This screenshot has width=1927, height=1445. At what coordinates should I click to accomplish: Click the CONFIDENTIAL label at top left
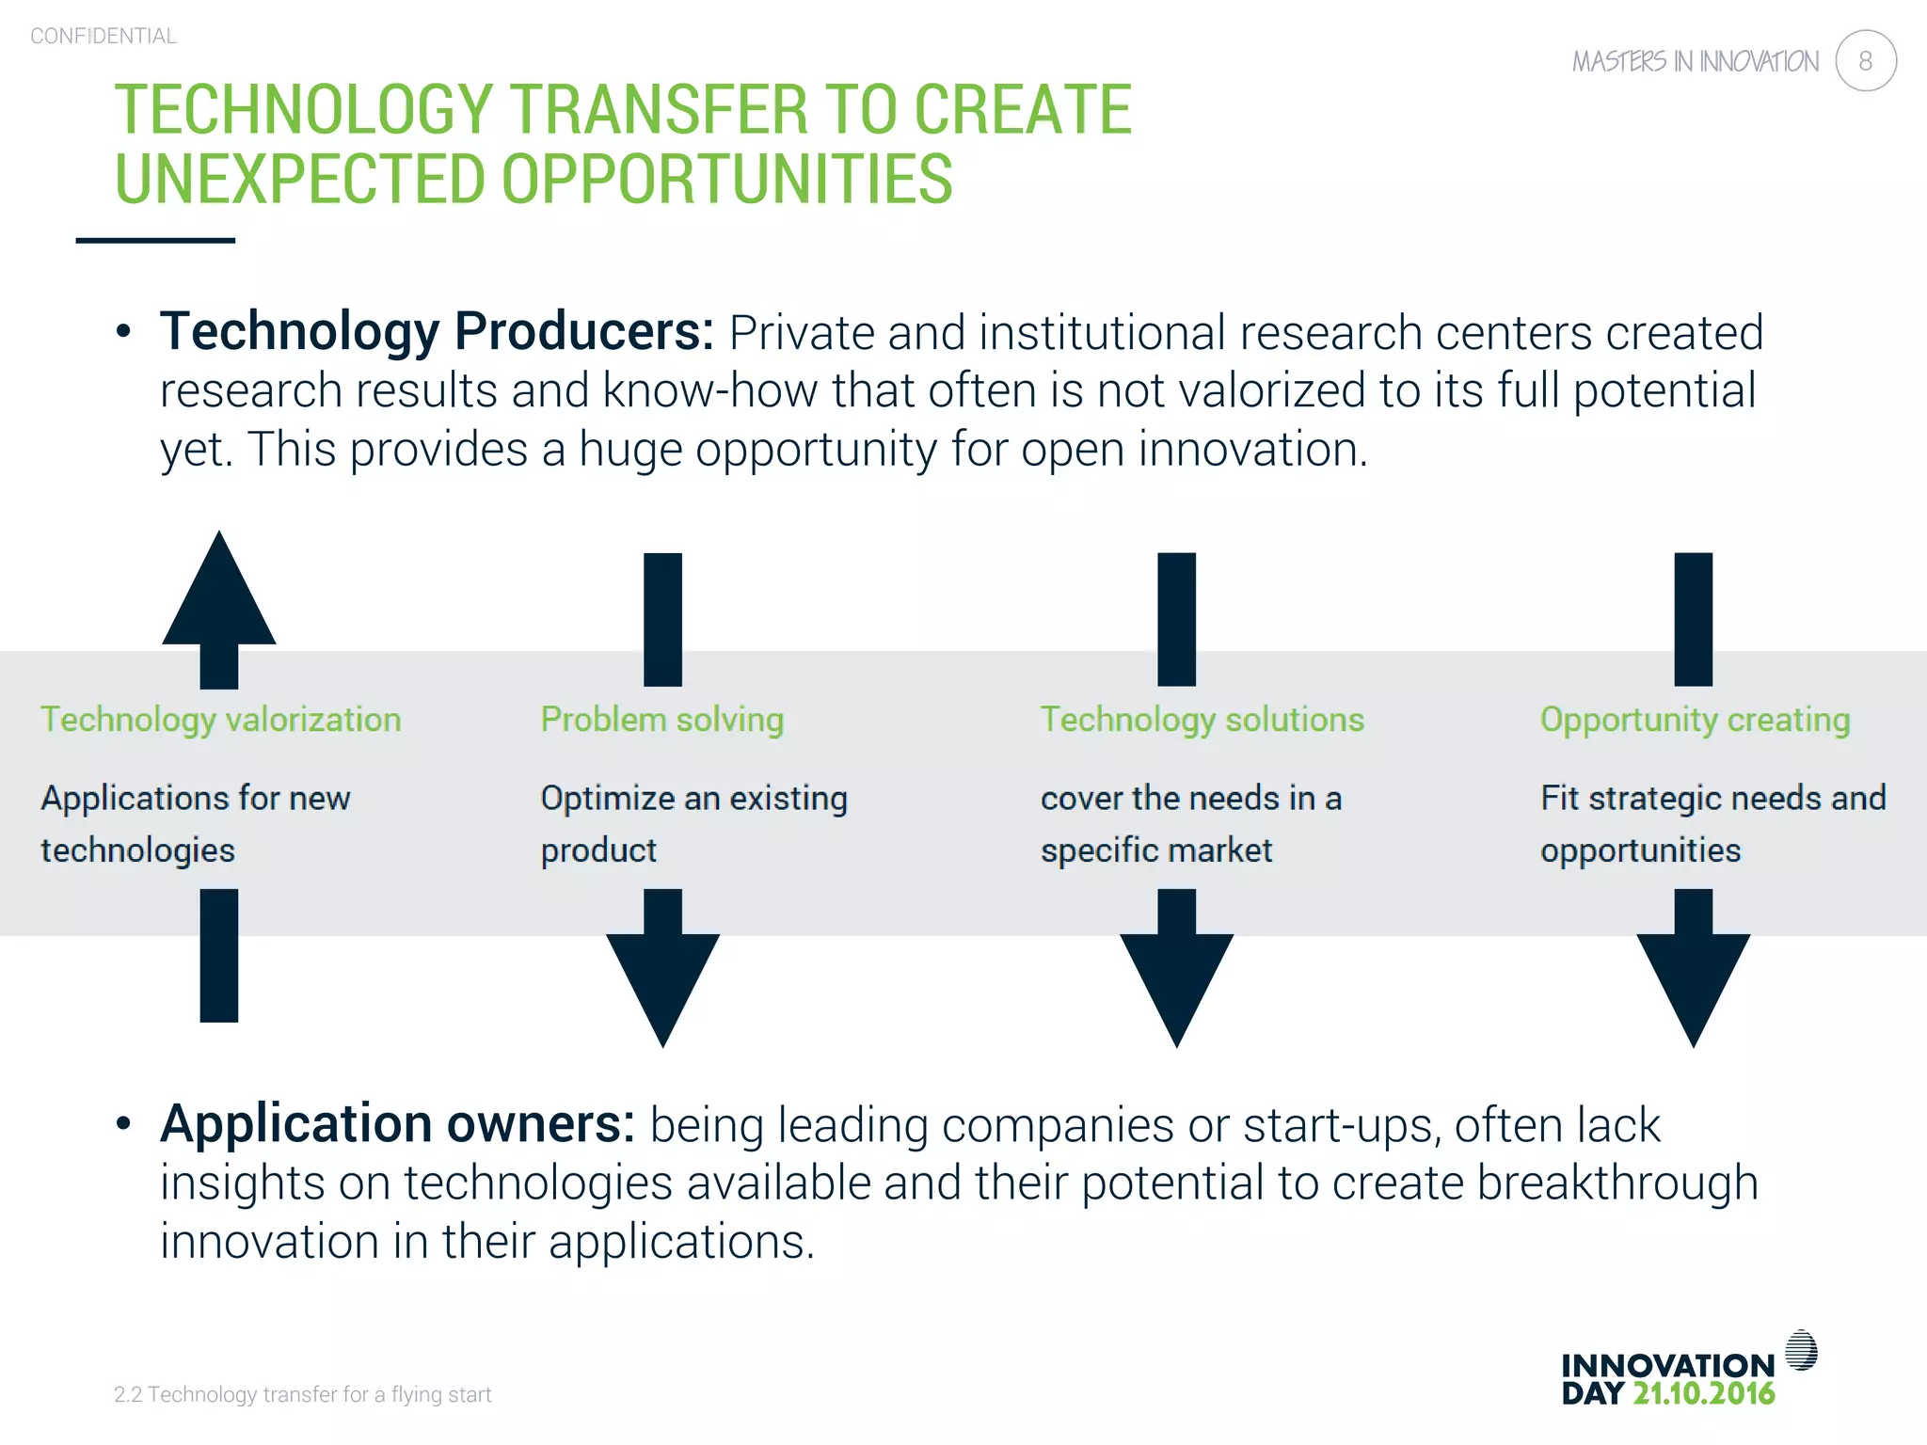[104, 36]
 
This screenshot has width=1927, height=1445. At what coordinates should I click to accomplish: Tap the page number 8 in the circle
[1865, 61]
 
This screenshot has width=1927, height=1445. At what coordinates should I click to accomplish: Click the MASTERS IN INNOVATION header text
[1695, 62]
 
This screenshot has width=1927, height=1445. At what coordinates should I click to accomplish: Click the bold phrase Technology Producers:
[437, 331]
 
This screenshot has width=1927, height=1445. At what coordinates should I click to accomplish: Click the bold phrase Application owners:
[397, 1123]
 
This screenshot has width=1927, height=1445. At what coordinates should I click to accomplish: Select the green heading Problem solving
[661, 720]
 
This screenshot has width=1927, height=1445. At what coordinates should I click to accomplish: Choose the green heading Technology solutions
[1202, 720]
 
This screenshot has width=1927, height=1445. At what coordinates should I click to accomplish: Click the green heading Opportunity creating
[1695, 720]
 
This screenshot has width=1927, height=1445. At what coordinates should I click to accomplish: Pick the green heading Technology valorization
[220, 720]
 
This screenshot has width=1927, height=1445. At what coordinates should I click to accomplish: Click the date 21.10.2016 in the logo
[1703, 1393]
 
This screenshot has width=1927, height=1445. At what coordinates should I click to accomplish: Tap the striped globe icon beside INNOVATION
[1801, 1351]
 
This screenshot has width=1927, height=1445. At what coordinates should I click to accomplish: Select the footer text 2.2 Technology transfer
[302, 1394]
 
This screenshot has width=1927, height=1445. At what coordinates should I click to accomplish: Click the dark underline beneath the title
[155, 241]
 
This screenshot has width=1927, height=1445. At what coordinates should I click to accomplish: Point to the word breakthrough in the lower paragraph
[1616, 1183]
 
